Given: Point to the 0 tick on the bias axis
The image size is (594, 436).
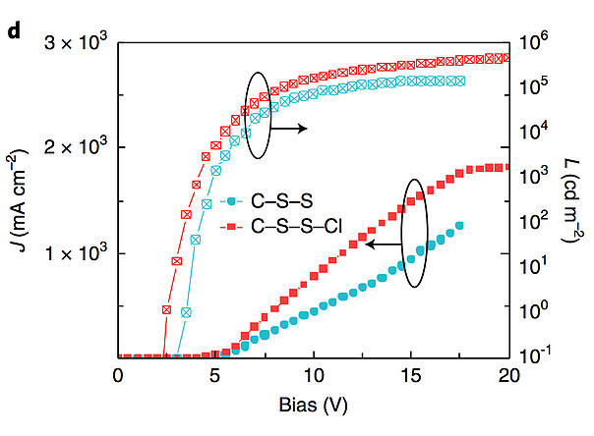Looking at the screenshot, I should [118, 375].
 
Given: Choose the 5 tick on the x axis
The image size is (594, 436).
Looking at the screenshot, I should [215, 375].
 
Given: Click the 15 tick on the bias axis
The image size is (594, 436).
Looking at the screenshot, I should [411, 375].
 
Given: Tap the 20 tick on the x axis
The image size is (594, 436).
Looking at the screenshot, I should [508, 375].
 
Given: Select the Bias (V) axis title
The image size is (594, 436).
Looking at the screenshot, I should [313, 404].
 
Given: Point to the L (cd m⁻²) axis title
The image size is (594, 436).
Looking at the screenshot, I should [574, 201].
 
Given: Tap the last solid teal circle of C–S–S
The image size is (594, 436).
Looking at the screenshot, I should [459, 226].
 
